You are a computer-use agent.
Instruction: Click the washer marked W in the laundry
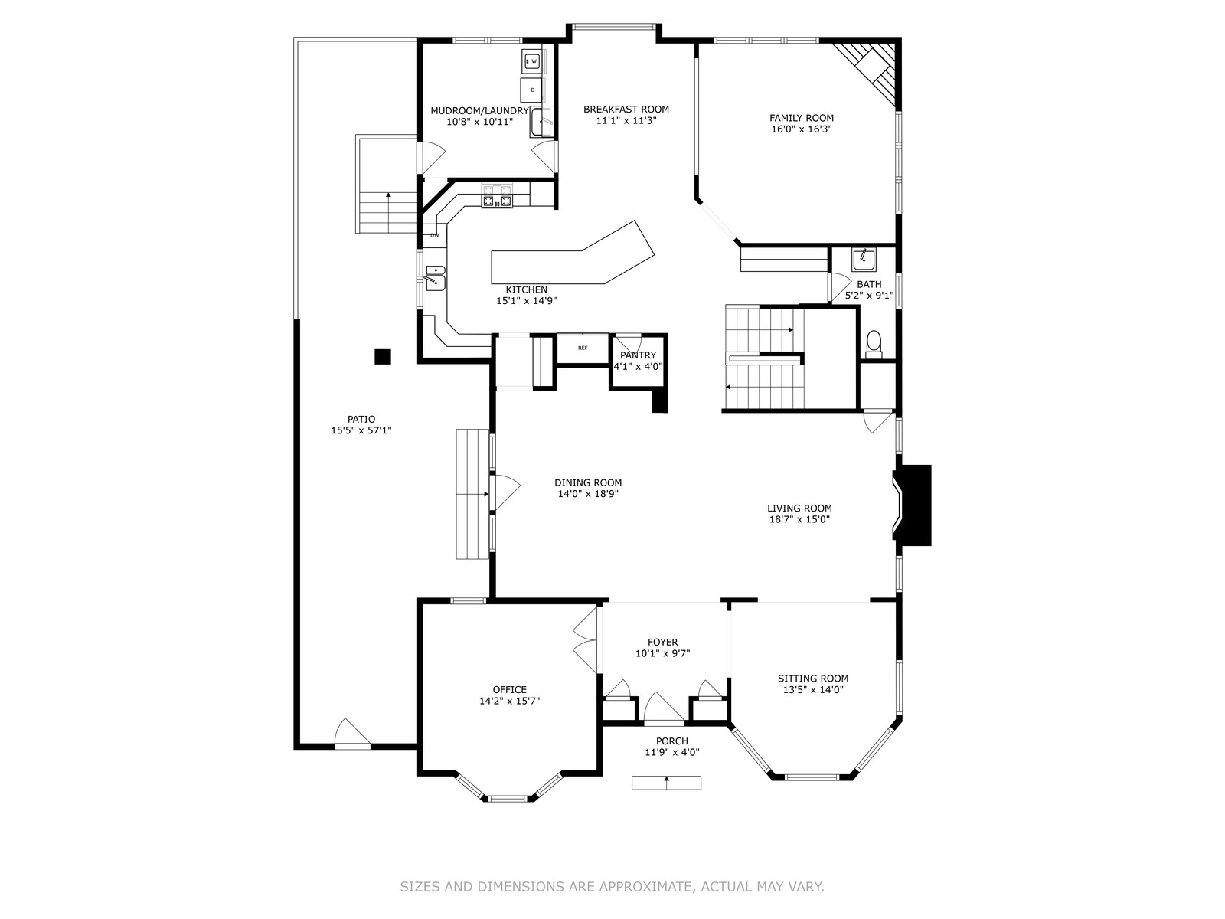[532, 61]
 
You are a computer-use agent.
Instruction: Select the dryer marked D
[531, 90]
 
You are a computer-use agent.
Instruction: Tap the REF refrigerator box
[583, 348]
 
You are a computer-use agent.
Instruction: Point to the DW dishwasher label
[434, 235]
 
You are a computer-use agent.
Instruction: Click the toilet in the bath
[874, 345]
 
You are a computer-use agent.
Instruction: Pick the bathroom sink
[864, 260]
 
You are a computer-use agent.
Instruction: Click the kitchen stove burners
[497, 196]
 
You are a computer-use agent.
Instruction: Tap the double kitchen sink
[436, 279]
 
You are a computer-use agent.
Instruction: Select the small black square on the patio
[382, 357]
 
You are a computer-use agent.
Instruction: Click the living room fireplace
[913, 505]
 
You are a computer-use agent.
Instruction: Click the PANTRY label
[638, 355]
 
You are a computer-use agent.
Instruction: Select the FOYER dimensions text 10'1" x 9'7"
[662, 653]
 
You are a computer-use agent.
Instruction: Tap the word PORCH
[672, 741]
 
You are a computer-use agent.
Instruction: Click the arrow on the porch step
[666, 782]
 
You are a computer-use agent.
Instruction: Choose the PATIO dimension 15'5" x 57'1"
[361, 430]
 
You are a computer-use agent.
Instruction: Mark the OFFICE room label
[510, 690]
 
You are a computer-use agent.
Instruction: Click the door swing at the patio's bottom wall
[351, 733]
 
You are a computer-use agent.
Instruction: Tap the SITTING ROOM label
[813, 679]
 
